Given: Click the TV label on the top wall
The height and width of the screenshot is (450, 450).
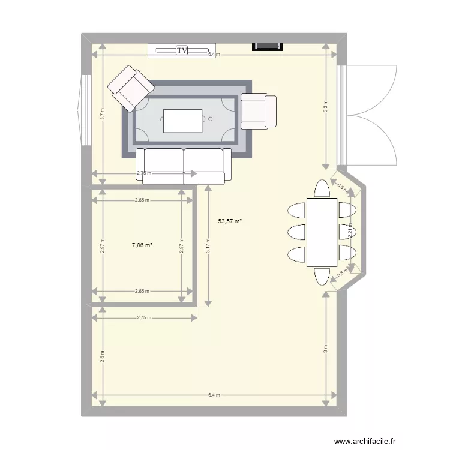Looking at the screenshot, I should pos(182,50).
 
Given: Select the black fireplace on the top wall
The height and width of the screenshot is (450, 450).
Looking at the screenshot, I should pos(267,45).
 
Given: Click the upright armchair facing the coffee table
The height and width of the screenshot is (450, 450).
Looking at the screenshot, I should pos(258,111).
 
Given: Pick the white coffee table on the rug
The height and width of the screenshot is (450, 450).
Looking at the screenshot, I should pos(183,121).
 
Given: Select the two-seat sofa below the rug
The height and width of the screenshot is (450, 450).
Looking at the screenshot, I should pos(184,166).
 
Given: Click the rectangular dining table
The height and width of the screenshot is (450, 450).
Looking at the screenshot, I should pos(322,232).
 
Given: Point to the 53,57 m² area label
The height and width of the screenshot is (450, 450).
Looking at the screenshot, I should pos(230,221).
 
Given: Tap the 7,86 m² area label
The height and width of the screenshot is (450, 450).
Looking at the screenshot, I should pos(142,245).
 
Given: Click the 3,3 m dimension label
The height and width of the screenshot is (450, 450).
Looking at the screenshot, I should pos(326,107).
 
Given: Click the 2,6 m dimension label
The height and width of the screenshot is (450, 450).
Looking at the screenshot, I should pos(103,356).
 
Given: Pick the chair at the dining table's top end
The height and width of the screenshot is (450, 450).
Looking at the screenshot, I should pos(322,189).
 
